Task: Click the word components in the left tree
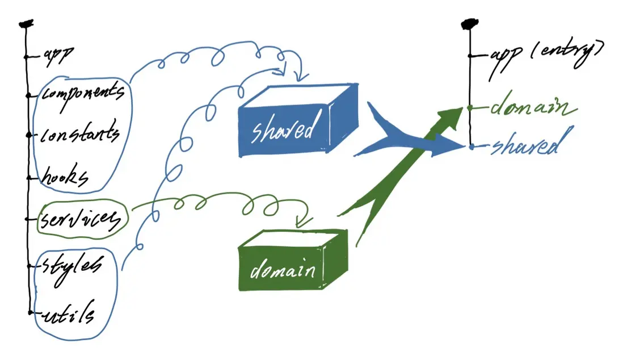83,94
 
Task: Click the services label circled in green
80,219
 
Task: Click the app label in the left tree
58,56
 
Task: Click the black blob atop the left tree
26,24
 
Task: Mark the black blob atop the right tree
470,24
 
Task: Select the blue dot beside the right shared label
472,147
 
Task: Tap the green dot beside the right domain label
470,107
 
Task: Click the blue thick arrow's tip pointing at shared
465,146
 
